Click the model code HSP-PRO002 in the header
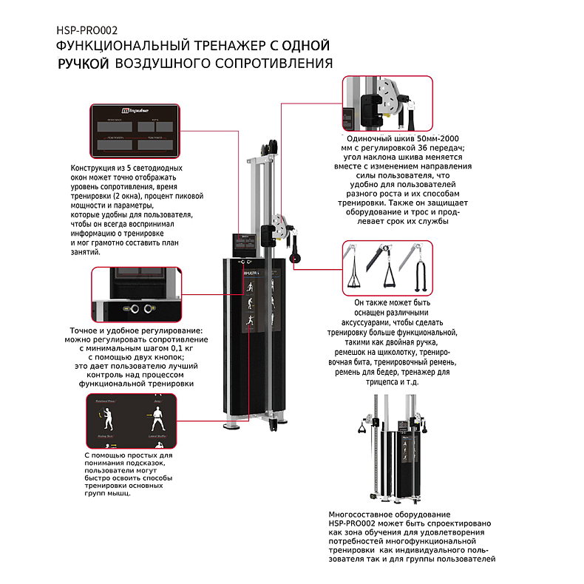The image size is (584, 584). (87, 31)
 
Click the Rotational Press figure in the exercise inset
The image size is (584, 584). (105, 412)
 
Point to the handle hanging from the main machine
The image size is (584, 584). (296, 249)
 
